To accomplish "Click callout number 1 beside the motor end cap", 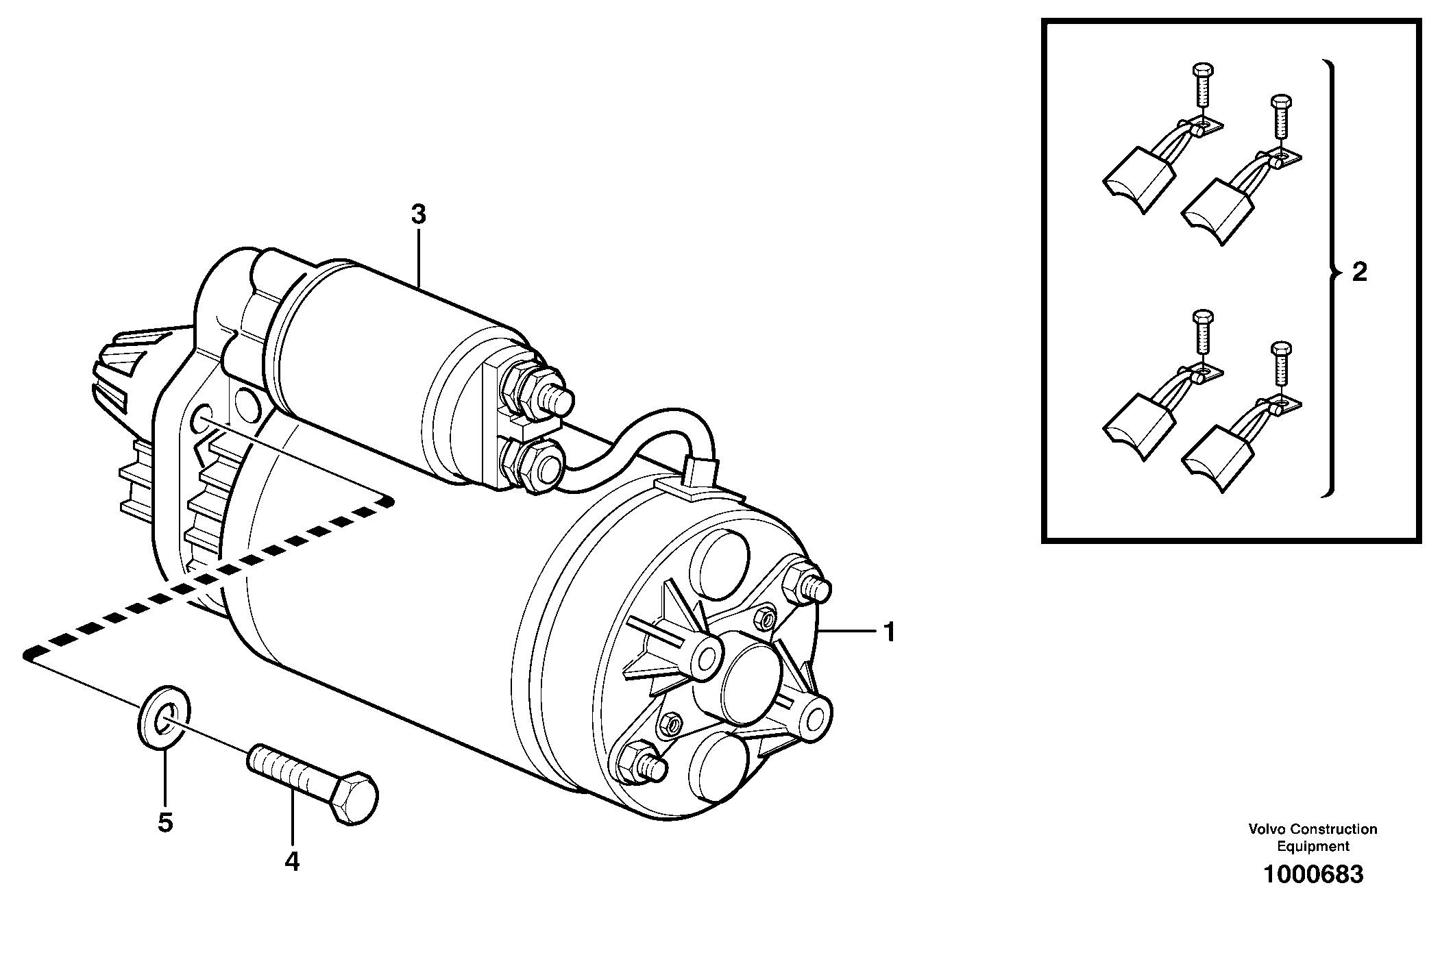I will (x=889, y=632).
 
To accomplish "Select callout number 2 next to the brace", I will (x=1359, y=273).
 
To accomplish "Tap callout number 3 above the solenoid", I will (x=418, y=214).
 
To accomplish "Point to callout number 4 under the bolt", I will (x=292, y=861).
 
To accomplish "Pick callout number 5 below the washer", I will (x=165, y=822).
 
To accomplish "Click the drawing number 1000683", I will (x=1313, y=875).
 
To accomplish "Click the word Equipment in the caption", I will (x=1313, y=846).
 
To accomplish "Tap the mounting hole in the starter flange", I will (x=202, y=420).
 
